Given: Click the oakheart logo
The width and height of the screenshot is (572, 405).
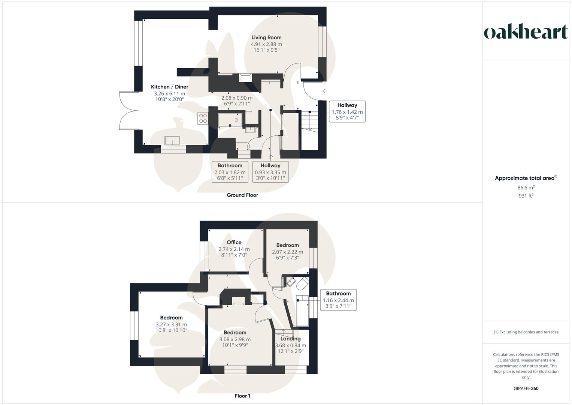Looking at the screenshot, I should (x=526, y=32).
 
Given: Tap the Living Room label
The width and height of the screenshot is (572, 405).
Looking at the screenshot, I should (x=266, y=37).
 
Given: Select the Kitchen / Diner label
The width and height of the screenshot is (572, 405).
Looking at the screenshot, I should (x=169, y=87).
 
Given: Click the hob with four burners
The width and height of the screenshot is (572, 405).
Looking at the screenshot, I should (x=203, y=118).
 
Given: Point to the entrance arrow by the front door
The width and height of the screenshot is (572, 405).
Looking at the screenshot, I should (x=324, y=91).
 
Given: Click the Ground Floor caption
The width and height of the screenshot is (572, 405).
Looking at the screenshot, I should (x=242, y=195).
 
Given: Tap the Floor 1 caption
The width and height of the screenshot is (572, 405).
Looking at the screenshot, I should (x=242, y=396).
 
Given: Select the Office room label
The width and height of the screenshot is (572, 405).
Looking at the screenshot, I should (x=234, y=242).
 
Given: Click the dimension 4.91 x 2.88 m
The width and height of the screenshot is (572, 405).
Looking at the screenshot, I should (x=266, y=44).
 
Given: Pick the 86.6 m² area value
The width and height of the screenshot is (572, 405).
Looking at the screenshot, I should (x=526, y=188).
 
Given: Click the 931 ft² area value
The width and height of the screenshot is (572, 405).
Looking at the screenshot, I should (x=526, y=195).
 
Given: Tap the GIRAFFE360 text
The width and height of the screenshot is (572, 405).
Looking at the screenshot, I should (x=526, y=388).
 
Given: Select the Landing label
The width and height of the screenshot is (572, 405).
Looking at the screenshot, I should (x=291, y=339).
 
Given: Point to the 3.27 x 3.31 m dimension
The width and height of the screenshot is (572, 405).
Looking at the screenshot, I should (x=171, y=325).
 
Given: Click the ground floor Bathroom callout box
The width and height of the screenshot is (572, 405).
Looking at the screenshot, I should (x=230, y=172).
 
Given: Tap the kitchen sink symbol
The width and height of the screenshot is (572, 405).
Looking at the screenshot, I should (x=172, y=140).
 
